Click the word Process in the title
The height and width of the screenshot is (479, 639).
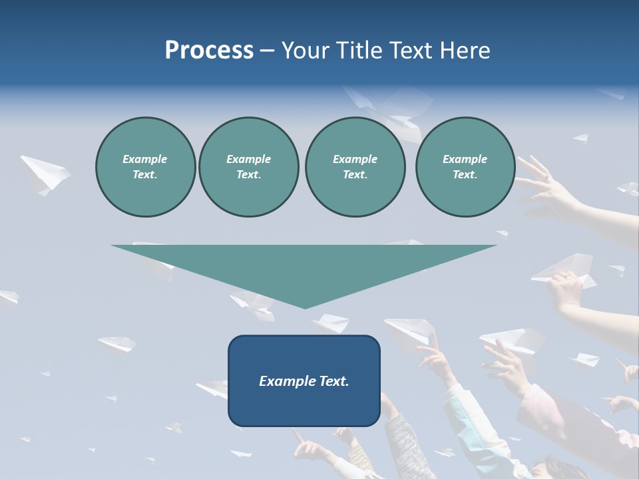[x=209, y=51]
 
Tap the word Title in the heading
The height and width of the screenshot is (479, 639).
[x=360, y=51]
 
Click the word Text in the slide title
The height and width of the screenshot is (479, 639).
[x=411, y=51]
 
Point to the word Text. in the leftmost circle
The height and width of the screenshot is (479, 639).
[x=145, y=175]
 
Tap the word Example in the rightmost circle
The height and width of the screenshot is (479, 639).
[x=465, y=159]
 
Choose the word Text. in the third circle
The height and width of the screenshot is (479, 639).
[x=355, y=175]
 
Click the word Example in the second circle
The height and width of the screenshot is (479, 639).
[x=248, y=159]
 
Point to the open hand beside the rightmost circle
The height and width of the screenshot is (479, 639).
[x=542, y=183]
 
